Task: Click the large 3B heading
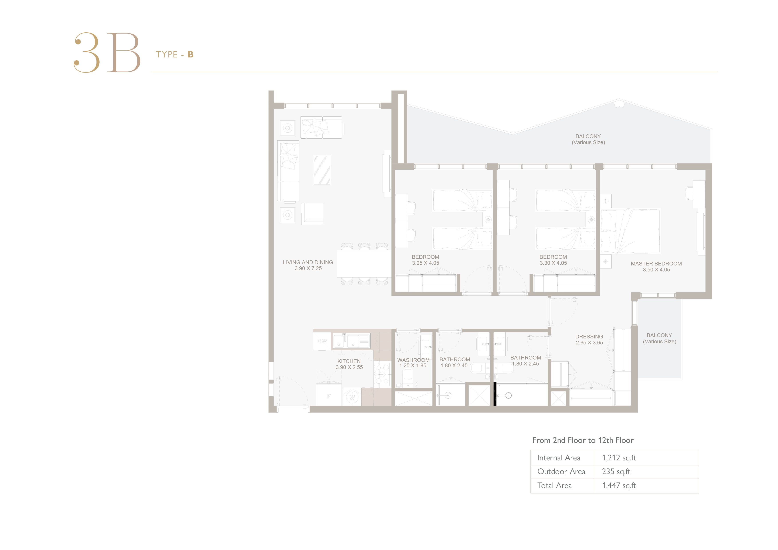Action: click(107, 53)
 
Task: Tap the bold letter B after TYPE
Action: click(191, 55)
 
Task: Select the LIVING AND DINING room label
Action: click(308, 262)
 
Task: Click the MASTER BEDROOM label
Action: click(656, 264)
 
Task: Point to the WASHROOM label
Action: click(413, 360)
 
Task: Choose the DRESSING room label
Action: click(589, 336)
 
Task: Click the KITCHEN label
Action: click(349, 361)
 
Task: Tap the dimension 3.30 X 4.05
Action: click(553, 263)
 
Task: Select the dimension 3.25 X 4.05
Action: click(426, 263)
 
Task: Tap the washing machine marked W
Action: click(352, 397)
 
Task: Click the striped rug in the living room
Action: click(322, 170)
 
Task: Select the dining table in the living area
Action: click(364, 264)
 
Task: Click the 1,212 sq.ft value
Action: click(619, 458)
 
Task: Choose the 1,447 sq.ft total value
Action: click(619, 486)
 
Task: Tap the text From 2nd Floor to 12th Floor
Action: click(583, 440)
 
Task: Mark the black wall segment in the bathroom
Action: click(495, 394)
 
